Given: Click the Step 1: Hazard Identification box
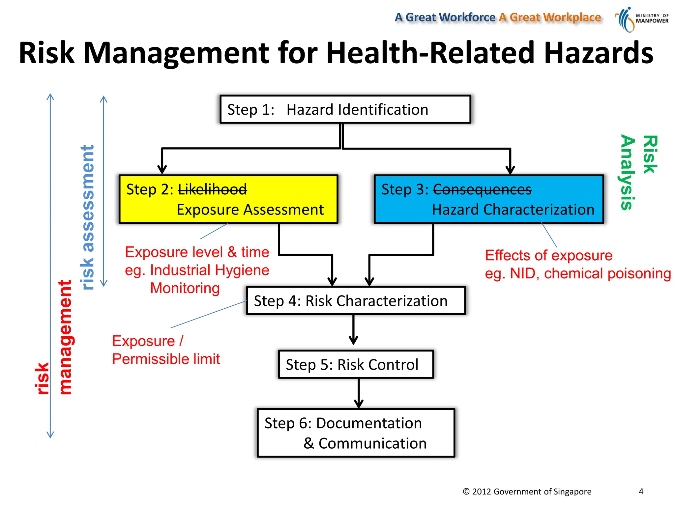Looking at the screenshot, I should point(345,109).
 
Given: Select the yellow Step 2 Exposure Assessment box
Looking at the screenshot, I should point(228,199).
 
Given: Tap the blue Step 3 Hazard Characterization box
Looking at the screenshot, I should point(489,199).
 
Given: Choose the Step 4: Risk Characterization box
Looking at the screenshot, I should point(356,300).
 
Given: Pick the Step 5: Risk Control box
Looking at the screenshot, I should point(356,364).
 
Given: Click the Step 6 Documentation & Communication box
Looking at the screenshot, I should point(356,433).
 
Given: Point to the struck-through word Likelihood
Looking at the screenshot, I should point(212,189).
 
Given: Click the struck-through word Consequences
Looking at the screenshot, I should point(482,189).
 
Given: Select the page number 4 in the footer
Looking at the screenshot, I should point(641,492).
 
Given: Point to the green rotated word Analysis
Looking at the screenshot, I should point(628,172).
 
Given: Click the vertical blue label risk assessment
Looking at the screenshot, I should point(88,217).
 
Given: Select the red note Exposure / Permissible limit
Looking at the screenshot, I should point(166,350).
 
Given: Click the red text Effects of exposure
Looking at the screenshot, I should point(549,255).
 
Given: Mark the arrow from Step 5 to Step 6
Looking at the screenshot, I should point(359,394).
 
